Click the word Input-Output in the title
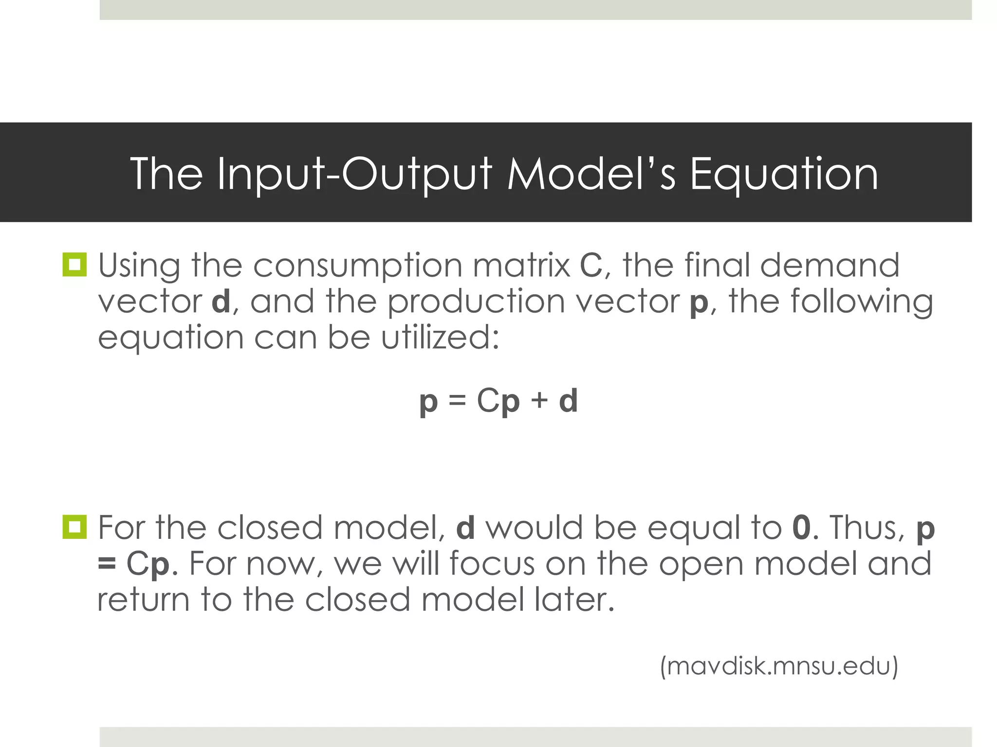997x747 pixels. (354, 174)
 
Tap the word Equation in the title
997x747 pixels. (784, 174)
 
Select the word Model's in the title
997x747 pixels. (591, 173)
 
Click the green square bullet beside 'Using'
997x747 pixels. (74, 265)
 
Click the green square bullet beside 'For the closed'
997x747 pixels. (74, 527)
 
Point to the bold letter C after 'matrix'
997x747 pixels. (591, 266)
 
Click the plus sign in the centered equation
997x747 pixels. (539, 401)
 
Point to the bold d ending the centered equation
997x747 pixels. (568, 401)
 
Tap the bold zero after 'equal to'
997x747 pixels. (801, 528)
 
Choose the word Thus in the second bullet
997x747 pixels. (866, 528)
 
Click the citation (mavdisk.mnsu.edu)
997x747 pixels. (779, 666)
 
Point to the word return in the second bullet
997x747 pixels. (144, 599)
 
